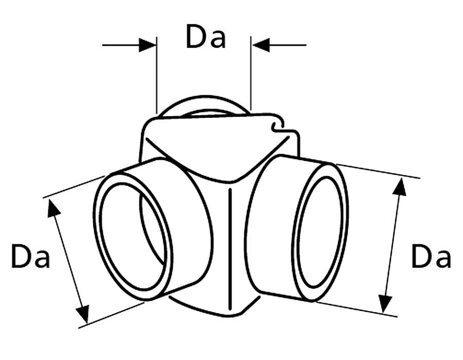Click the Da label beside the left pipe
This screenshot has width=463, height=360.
pos(30,256)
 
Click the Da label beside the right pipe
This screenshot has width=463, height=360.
pos(431,256)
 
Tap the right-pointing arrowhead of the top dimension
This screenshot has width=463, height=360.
pos(147,45)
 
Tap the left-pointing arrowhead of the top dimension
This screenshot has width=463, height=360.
pos(261,45)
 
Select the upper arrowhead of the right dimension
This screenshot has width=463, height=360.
pos(400,187)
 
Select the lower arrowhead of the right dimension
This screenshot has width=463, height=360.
pos(385,304)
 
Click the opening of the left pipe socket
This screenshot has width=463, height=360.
pos(133,236)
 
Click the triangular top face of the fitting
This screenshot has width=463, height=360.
pos(212,148)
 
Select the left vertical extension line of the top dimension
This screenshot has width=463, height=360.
pos(156,75)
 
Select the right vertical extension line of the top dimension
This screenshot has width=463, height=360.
pos(251,73)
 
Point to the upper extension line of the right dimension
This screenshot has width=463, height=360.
pos(378,171)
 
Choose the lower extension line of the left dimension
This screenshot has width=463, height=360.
pos(112,315)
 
